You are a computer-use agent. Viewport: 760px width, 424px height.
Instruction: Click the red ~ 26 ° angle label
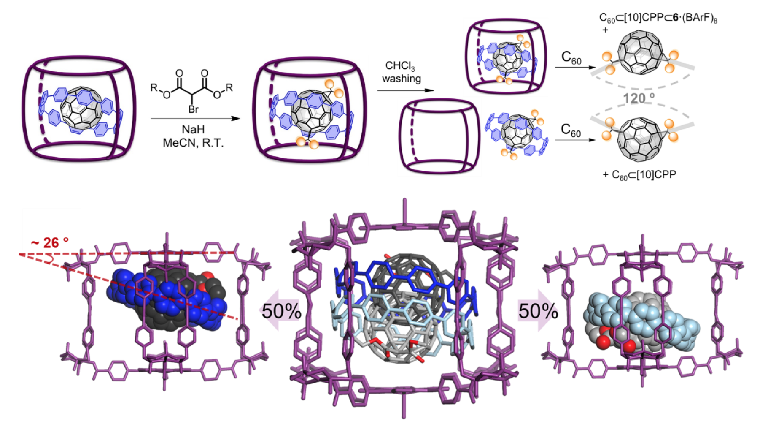50,243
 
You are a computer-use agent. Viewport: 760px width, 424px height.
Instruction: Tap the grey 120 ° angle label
639,99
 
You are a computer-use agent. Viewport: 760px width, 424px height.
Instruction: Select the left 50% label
281,311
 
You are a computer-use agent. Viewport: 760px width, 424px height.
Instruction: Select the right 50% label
538,311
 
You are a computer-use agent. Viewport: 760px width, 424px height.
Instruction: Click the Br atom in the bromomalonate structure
193,109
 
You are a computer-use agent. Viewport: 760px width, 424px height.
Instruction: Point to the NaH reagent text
193,129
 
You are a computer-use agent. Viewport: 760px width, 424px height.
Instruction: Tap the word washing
402,79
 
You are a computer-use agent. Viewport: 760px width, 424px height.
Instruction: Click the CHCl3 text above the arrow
400,66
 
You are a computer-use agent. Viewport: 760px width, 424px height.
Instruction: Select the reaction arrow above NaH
195,119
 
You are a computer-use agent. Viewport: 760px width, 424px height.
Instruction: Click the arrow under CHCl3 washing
405,90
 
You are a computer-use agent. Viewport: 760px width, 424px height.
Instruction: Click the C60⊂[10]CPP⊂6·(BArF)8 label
658,18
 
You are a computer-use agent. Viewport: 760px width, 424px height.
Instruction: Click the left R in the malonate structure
154,88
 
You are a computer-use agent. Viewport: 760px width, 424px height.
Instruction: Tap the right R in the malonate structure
229,88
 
